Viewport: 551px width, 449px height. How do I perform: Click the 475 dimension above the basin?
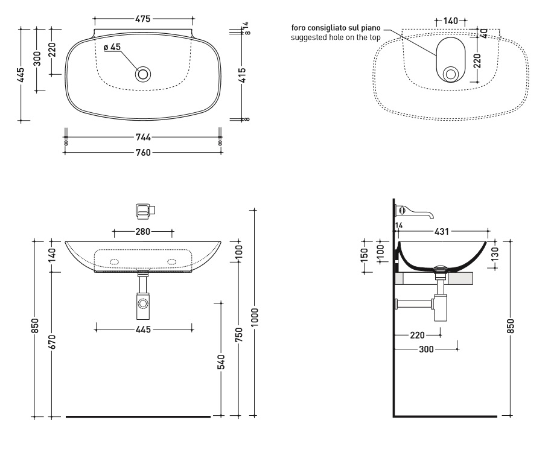point(143,19)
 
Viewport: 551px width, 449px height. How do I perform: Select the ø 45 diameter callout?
point(112,47)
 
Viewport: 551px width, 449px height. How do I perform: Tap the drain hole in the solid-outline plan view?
point(143,74)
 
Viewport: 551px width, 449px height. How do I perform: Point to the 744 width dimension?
point(142,138)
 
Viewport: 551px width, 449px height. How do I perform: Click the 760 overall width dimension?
point(142,152)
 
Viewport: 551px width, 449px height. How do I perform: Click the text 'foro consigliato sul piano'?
point(336,28)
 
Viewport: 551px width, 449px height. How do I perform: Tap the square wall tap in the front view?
point(144,210)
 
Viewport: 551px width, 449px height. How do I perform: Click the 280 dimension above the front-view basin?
point(143,231)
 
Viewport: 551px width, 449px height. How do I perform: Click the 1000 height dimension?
point(255,314)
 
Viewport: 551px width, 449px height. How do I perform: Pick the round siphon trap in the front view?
point(144,304)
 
